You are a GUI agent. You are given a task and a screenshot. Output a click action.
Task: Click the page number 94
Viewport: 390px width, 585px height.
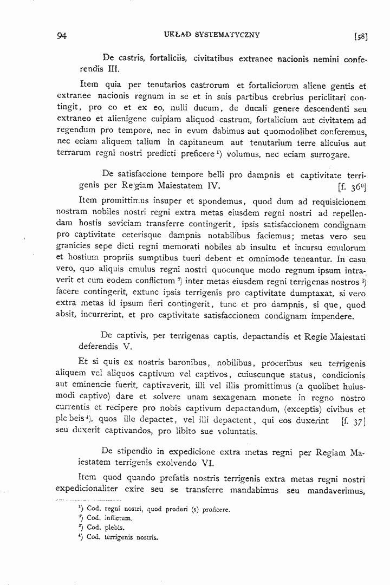61,36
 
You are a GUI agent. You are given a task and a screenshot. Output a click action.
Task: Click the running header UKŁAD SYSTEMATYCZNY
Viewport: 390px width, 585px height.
211,35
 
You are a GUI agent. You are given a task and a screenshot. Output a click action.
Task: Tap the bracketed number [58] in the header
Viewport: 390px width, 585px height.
361,37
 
